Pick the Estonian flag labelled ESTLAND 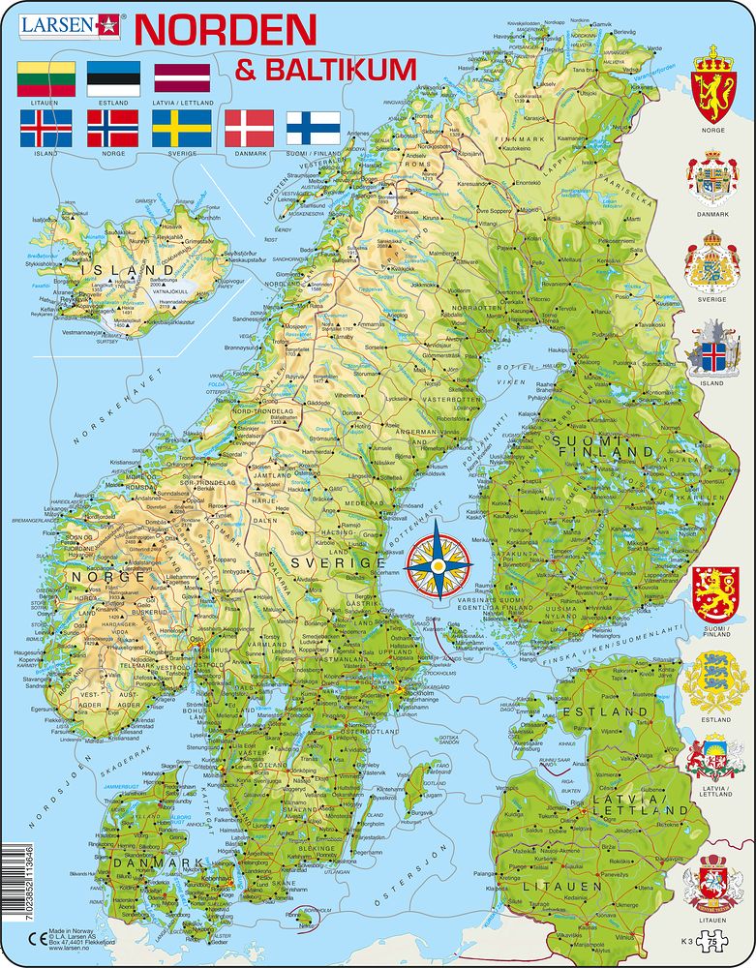tap(113, 78)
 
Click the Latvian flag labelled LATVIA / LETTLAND tap(182, 78)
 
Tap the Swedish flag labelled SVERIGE tap(182, 128)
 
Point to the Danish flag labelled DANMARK tap(250, 128)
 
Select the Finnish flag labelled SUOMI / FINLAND tap(313, 128)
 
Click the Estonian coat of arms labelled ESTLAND tap(714, 683)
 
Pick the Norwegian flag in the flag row tap(113, 128)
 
